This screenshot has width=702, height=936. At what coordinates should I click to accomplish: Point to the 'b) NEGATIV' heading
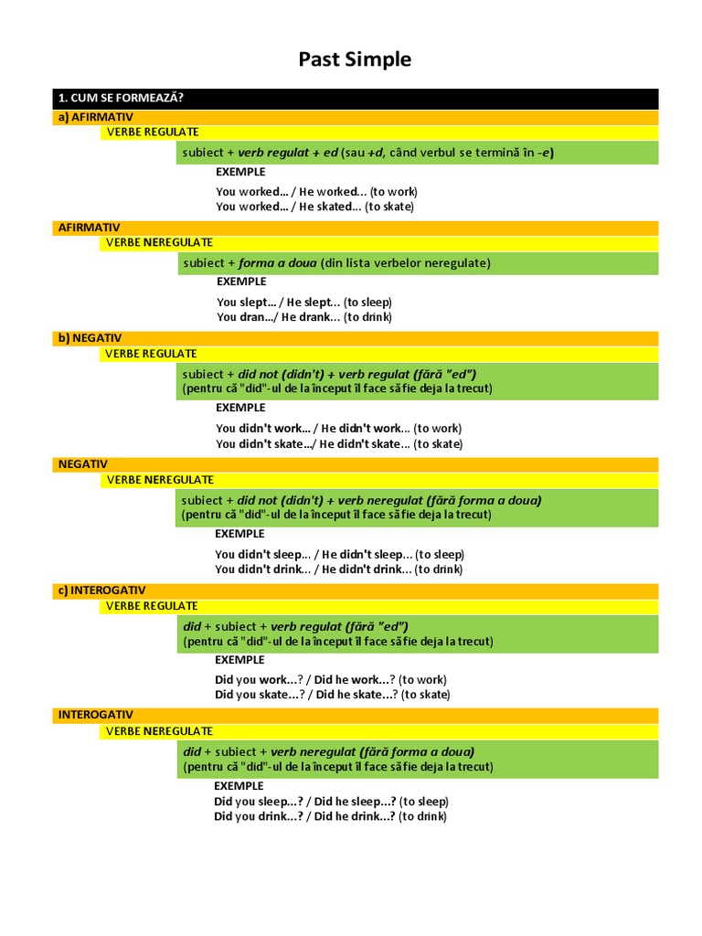pyautogui.click(x=90, y=338)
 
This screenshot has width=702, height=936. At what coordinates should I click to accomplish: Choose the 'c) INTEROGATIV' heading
pyautogui.click(x=101, y=590)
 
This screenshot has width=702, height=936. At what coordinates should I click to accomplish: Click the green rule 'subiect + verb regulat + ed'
pyautogui.click(x=368, y=153)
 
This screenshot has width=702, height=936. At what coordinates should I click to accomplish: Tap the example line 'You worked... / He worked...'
pyautogui.click(x=316, y=192)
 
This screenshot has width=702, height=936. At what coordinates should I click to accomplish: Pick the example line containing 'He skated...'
pyautogui.click(x=314, y=207)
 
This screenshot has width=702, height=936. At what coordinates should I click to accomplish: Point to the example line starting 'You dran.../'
pyautogui.click(x=303, y=317)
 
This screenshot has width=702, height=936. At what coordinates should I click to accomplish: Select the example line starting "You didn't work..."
pyautogui.click(x=338, y=428)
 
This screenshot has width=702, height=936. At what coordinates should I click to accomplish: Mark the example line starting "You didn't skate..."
pyautogui.click(x=338, y=444)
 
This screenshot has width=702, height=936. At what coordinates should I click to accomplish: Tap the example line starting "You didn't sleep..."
pyautogui.click(x=339, y=554)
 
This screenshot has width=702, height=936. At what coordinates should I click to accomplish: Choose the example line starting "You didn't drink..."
pyautogui.click(x=338, y=569)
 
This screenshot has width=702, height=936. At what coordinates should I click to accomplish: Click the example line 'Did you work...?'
pyautogui.click(x=329, y=679)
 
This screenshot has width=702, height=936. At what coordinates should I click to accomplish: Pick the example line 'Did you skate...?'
pyautogui.click(x=332, y=695)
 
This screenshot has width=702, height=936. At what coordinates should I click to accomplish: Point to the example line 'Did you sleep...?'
pyautogui.click(x=331, y=802)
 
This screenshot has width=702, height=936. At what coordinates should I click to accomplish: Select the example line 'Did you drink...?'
pyautogui.click(x=330, y=816)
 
